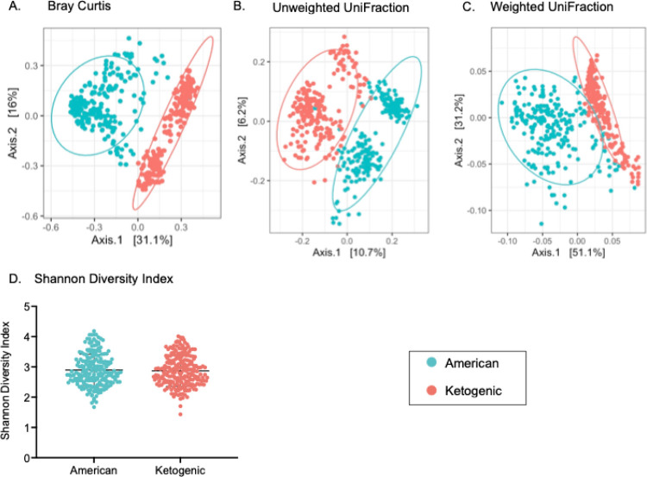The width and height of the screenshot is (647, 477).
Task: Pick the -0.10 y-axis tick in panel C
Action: click(x=473, y=210)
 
